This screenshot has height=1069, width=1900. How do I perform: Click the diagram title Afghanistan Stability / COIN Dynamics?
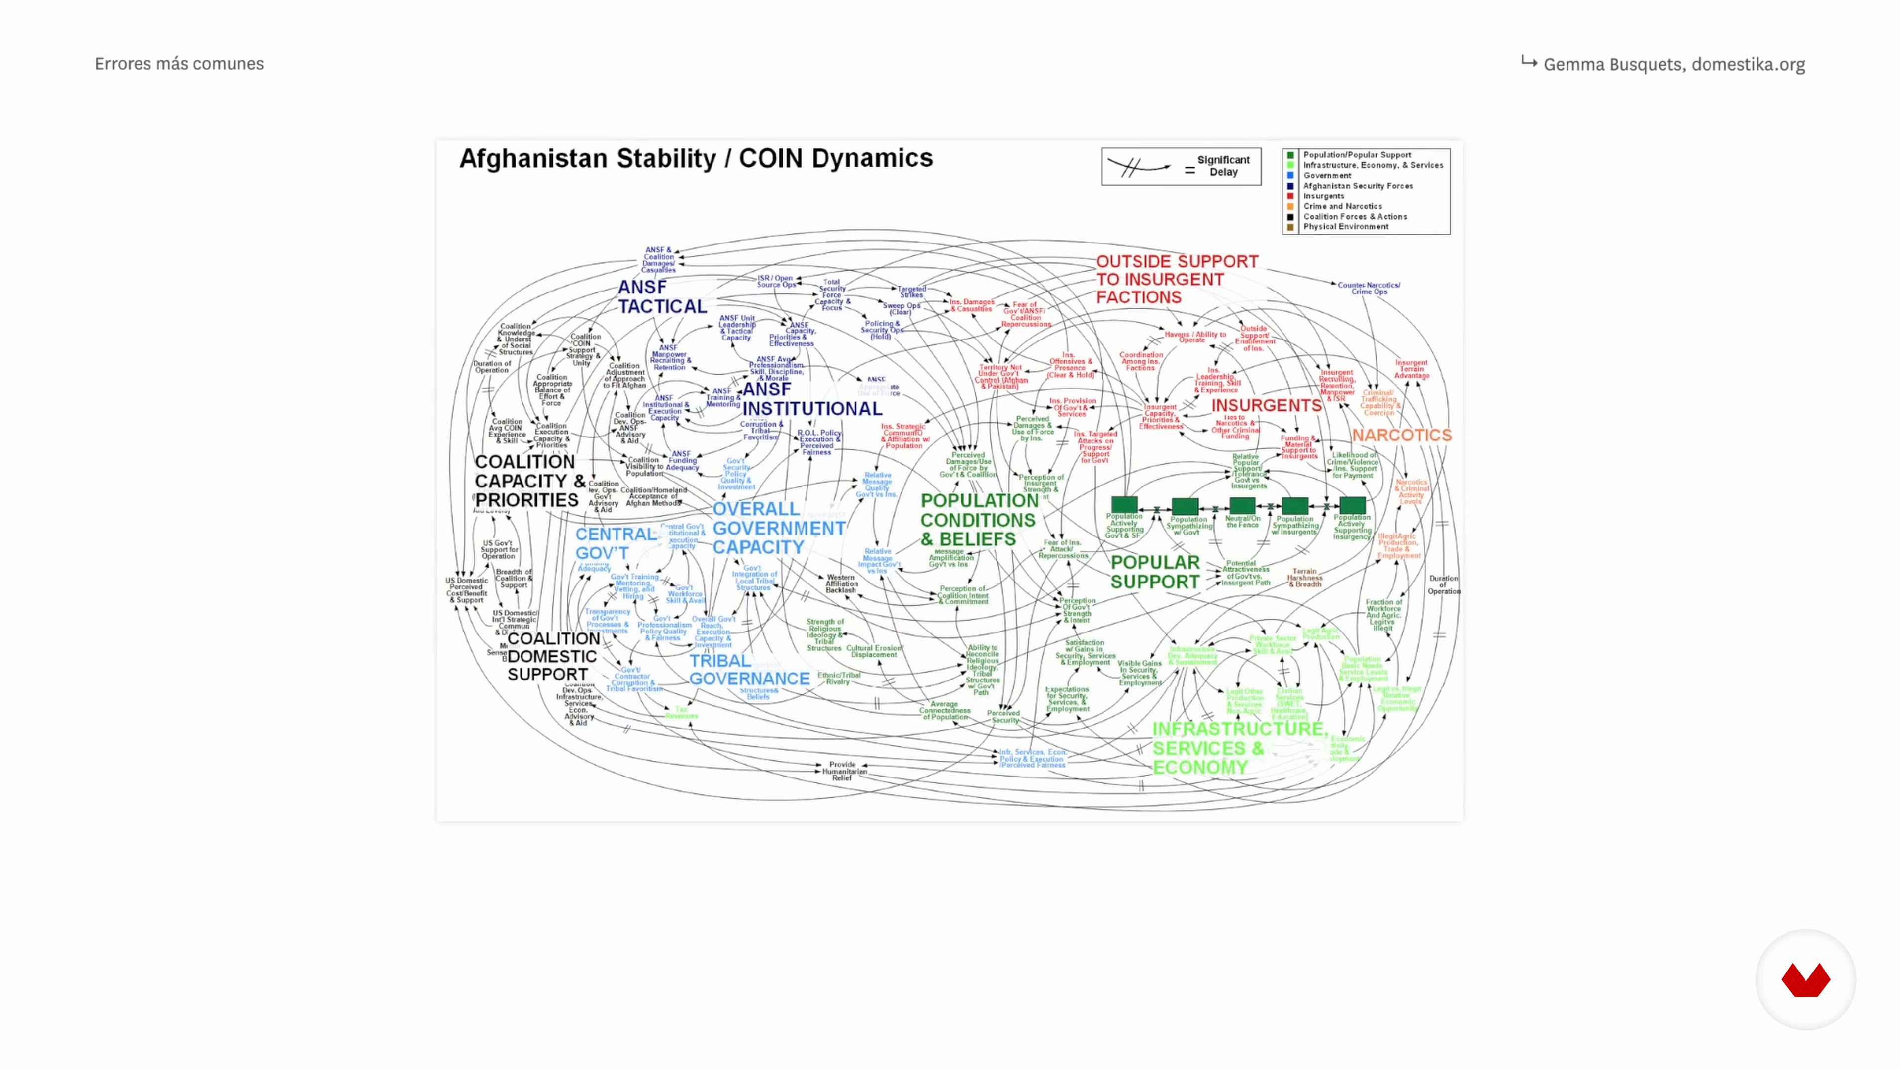[x=696, y=158]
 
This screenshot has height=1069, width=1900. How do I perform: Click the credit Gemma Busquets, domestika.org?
[x=1673, y=65]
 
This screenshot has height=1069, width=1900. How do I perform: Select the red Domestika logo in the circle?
[x=1805, y=980]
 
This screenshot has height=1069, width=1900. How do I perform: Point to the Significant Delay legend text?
[x=1223, y=166]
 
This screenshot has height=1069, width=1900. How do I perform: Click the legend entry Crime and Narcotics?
[x=1342, y=206]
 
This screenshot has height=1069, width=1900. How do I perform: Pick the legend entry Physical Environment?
[x=1345, y=227]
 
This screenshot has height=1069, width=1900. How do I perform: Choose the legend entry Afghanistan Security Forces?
[x=1357, y=186]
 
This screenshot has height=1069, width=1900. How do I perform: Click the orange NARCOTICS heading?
[x=1401, y=436]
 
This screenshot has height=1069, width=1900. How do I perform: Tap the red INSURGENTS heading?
[x=1266, y=406]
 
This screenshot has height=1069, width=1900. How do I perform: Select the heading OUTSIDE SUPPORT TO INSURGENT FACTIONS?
[x=1177, y=280]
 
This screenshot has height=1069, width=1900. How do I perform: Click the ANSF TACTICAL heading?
[x=662, y=296]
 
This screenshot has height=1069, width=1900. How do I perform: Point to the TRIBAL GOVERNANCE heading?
[x=749, y=670]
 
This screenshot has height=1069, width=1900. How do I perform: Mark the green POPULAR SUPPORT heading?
[x=1154, y=572]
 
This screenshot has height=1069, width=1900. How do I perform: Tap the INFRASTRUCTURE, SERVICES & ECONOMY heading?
[x=1239, y=748]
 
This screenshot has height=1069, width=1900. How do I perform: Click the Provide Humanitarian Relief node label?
[x=842, y=771]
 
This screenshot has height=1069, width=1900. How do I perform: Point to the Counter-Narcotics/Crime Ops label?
[x=1368, y=288]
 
